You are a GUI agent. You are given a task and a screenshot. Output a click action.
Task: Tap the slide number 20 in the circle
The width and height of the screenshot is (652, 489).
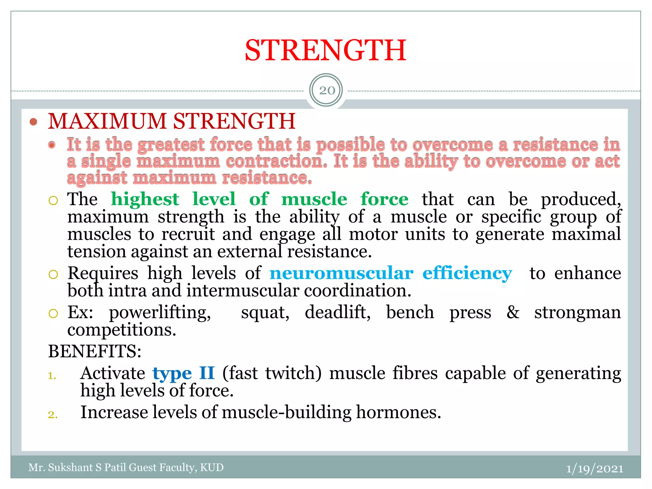pos(327,91)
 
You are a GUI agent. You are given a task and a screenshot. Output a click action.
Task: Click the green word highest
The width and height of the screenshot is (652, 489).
pos(145,200)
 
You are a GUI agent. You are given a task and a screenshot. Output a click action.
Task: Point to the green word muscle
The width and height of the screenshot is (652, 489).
pos(314,200)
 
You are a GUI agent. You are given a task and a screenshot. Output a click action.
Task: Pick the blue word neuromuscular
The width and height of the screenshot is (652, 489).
pos(341,273)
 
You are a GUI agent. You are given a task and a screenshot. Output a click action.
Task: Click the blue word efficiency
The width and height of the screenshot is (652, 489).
pos(467,273)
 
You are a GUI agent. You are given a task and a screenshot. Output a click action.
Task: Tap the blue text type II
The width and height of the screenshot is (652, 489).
pos(183,373)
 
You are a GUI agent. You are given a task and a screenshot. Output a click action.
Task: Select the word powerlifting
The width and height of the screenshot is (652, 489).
pos(160,313)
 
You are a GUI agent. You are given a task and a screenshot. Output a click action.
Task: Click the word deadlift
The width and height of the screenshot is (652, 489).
pos(337,313)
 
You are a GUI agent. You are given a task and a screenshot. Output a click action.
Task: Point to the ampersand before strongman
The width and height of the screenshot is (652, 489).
pos(513,312)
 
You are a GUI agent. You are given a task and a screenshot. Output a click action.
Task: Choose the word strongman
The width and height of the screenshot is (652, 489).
pos(578,313)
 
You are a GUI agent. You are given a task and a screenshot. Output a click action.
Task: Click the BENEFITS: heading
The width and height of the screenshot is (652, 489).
pos(95,351)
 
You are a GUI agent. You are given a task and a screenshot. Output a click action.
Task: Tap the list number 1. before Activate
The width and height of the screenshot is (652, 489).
pos(52,376)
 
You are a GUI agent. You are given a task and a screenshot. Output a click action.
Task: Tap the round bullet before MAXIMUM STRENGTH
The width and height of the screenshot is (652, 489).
pos(33,122)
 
